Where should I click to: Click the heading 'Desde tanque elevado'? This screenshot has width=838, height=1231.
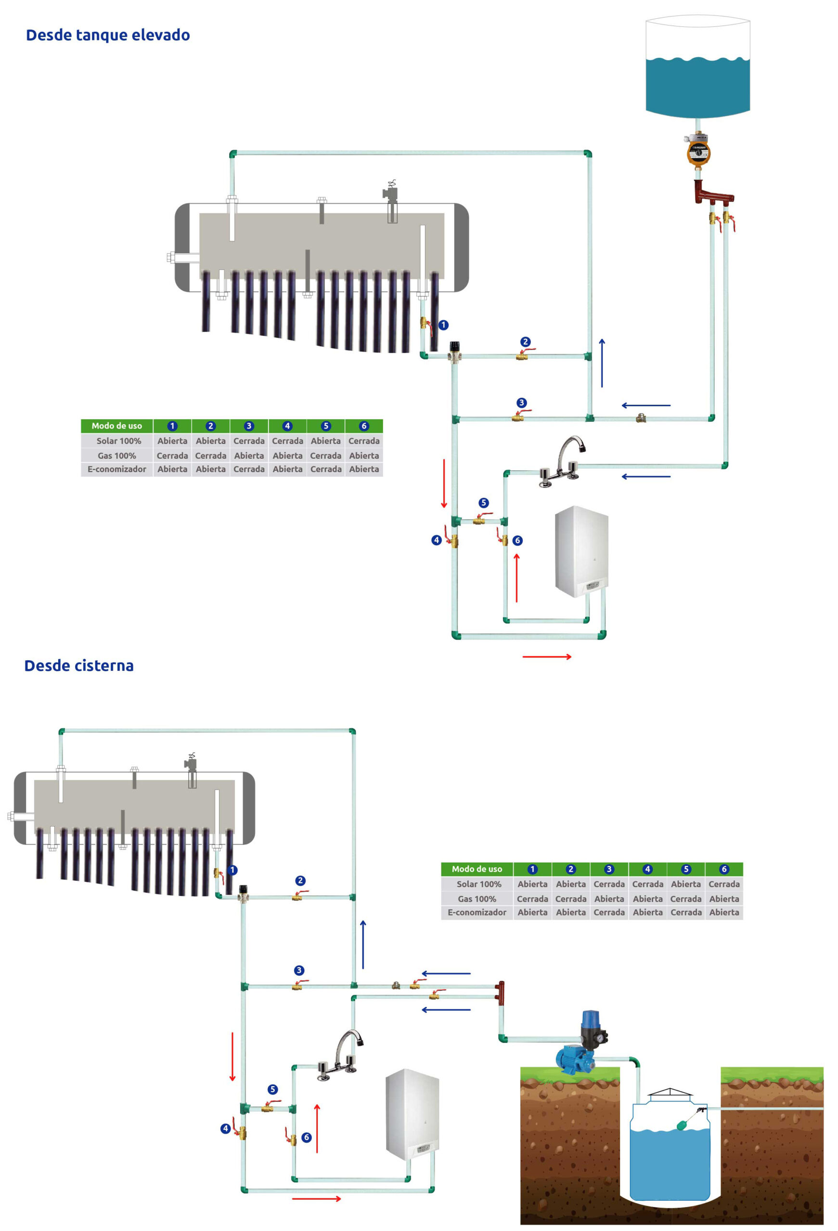(108, 35)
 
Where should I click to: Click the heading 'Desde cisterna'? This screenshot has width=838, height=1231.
(79, 666)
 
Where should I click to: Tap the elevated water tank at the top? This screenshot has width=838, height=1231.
(697, 66)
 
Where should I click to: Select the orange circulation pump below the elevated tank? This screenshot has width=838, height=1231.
(698, 151)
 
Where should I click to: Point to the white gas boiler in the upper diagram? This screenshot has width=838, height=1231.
(581, 551)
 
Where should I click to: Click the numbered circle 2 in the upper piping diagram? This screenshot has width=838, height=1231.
(525, 341)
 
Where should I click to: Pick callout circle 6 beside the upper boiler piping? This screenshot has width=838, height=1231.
(517, 540)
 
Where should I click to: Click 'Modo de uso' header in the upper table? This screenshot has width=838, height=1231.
(116, 426)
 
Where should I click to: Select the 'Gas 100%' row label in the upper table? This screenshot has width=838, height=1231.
(116, 455)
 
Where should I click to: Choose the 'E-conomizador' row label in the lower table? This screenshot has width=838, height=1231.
(477, 912)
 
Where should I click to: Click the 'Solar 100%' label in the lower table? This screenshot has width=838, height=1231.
(478, 884)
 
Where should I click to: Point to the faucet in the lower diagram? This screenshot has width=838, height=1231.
(342, 1054)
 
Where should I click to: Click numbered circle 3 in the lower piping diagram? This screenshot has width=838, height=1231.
(299, 970)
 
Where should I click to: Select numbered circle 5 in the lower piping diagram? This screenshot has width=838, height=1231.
(272, 1089)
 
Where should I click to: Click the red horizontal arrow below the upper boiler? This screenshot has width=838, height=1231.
(546, 657)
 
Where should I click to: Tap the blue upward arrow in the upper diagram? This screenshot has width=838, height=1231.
(602, 363)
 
